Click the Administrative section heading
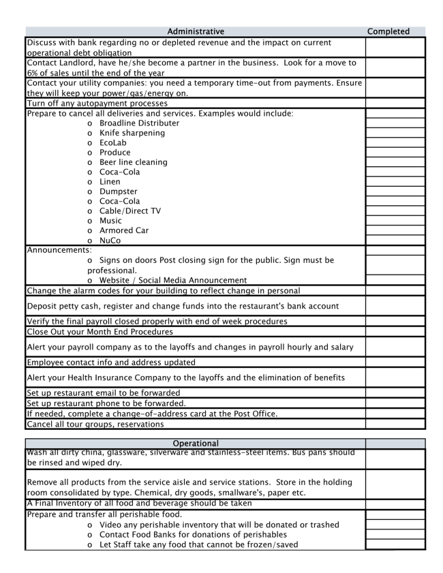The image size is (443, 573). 195,31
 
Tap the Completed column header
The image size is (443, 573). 388,31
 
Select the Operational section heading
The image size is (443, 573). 195,444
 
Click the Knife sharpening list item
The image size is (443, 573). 132,133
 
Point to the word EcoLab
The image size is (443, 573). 113,143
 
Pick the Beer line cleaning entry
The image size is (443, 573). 133,162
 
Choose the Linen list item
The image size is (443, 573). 110,182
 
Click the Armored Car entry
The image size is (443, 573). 123,230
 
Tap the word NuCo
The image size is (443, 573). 110,241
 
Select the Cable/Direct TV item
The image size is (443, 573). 130,211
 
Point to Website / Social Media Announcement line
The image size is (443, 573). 173,280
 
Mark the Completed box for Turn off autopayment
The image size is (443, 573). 395,104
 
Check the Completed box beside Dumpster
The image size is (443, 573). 395,191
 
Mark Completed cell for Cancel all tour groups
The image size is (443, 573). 395,424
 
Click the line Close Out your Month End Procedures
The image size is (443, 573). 100,332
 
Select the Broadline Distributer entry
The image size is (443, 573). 139,123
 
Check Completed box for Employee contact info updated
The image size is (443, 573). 395,362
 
